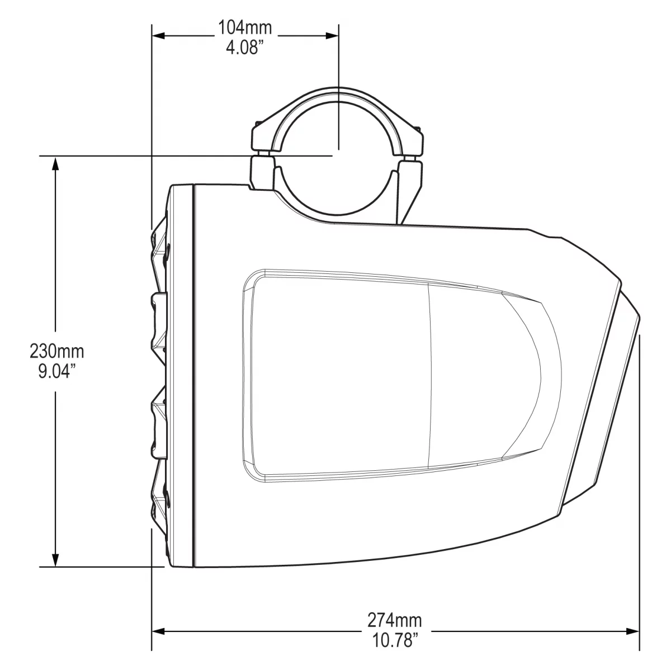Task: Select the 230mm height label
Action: click(x=56, y=352)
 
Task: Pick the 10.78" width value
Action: click(x=394, y=639)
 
